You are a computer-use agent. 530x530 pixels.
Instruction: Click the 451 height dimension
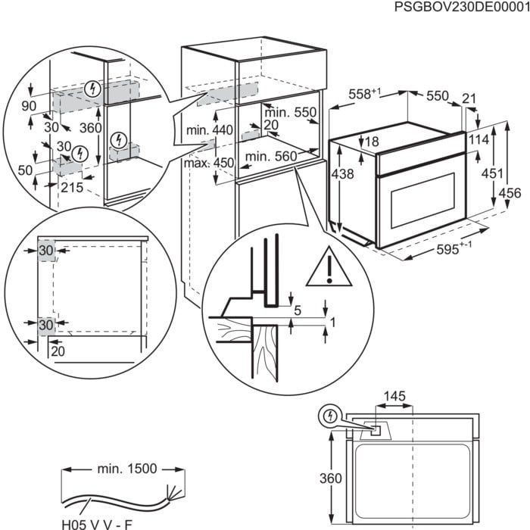point(493,173)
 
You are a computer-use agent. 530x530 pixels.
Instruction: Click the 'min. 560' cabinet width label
point(270,157)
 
